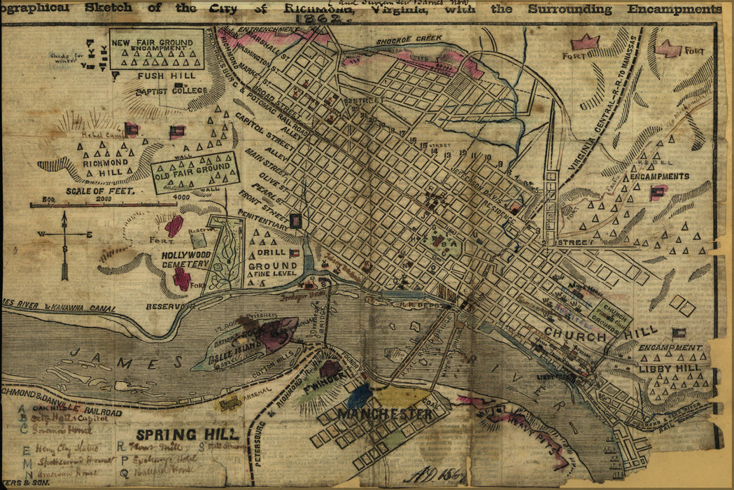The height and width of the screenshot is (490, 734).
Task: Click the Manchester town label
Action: click(x=386, y=414)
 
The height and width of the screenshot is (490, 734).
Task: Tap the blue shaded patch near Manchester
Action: click(x=360, y=396)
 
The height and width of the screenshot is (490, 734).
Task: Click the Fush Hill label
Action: click(x=161, y=76)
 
